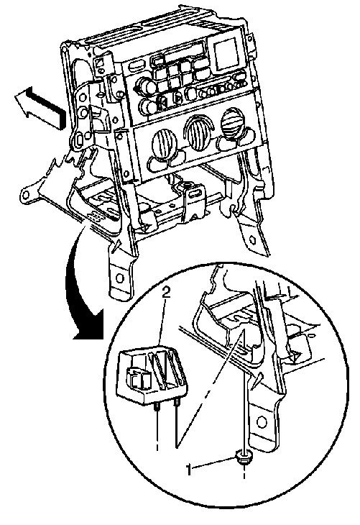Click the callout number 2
pos(166,292)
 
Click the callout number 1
pos(190,470)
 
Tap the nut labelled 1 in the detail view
pos(244,457)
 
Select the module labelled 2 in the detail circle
pos(152,375)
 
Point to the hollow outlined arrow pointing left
pos(40,108)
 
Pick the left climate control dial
pos(165,144)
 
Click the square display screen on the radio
pos(226,54)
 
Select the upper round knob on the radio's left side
pos(147,87)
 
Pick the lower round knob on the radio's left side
pos(149,107)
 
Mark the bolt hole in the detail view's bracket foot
pos(262,422)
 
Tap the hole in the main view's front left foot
pos(120,278)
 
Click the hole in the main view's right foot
pos(253,239)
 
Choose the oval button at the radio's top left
pos(137,65)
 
